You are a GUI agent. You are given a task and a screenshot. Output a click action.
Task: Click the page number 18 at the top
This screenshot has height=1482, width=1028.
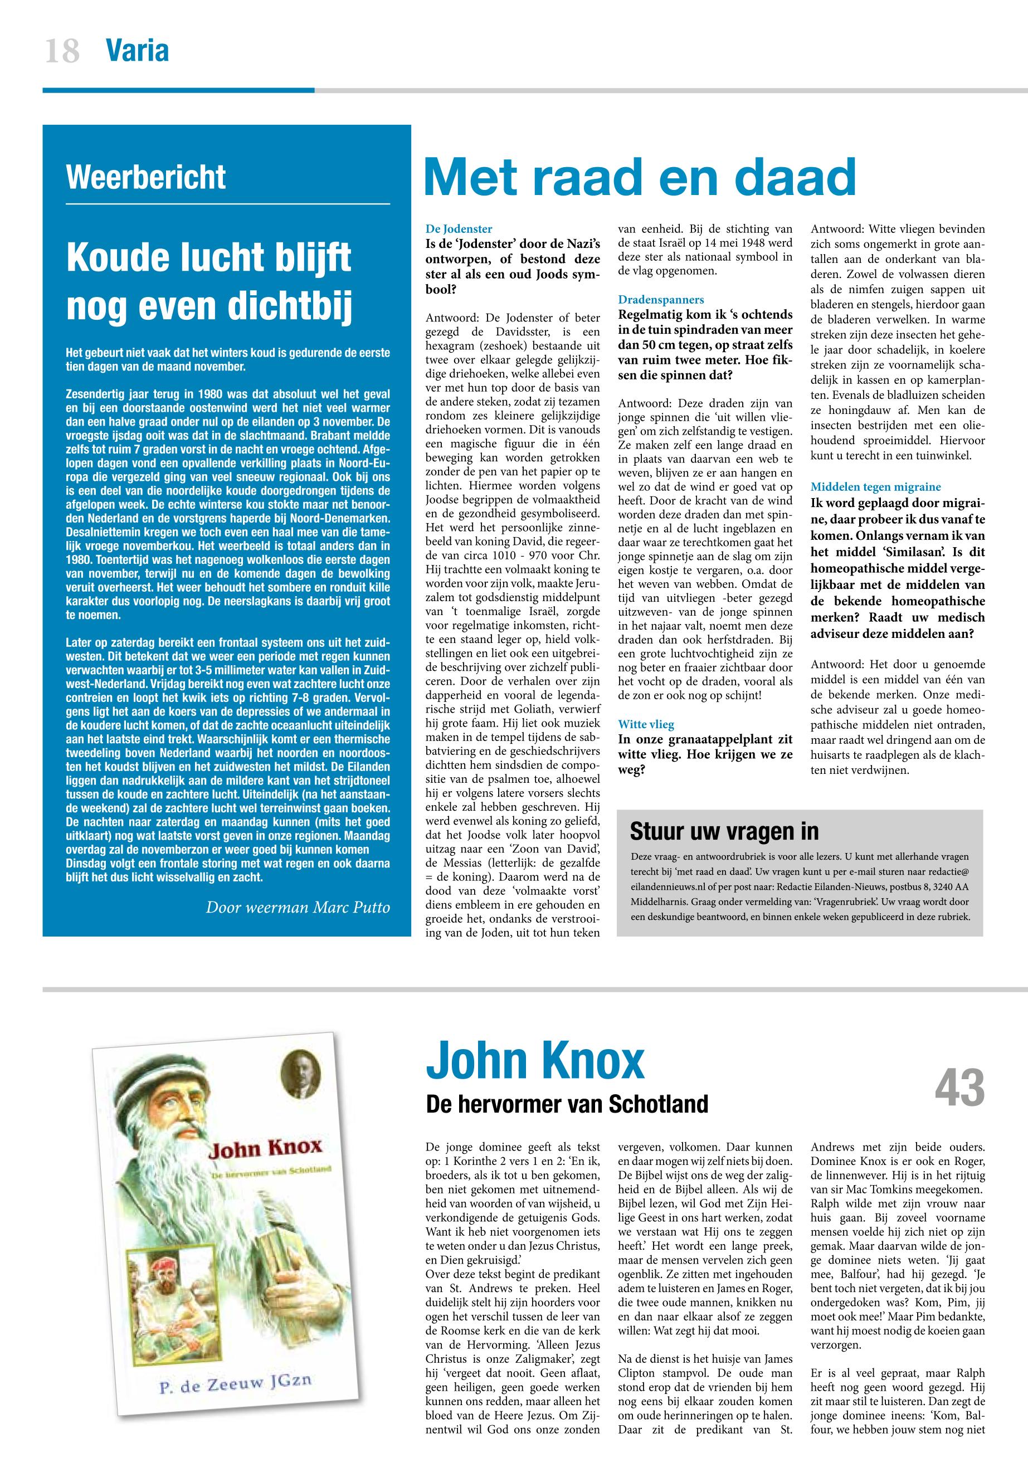click(62, 51)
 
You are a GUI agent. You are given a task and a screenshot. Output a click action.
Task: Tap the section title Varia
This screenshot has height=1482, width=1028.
click(137, 50)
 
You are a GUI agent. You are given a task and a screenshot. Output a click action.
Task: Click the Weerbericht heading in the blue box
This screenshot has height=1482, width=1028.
click(146, 177)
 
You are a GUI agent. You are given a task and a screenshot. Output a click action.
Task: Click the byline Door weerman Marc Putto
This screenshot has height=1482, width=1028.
click(298, 908)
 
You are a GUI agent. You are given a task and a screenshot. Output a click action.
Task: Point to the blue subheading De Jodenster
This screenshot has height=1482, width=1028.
click(459, 228)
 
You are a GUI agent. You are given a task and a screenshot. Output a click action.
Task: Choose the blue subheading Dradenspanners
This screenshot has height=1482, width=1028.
click(661, 300)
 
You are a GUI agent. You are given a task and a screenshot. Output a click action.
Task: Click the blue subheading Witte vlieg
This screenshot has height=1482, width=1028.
click(646, 725)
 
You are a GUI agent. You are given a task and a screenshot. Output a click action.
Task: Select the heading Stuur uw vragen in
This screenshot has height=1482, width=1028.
click(724, 831)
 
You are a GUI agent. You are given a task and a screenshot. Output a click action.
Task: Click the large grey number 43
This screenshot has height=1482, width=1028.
click(959, 1087)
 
